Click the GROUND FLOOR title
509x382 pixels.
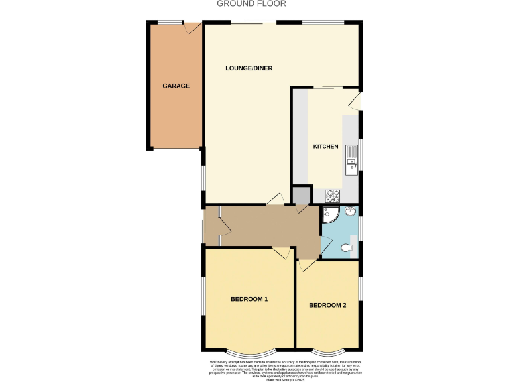[251, 4]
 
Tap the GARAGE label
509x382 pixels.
[176, 86]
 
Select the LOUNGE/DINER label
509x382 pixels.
[249, 68]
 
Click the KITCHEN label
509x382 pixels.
[325, 147]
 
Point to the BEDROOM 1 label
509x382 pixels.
[249, 300]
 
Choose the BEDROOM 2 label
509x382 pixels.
[327, 306]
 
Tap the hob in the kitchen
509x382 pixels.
[332, 195]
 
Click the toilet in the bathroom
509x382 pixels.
[345, 249]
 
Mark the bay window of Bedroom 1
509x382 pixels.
[249, 351]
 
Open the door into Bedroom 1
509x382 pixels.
[281, 253]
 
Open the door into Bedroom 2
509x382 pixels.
[306, 265]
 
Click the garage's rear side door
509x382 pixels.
[193, 28]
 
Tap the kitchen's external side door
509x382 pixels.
[356, 100]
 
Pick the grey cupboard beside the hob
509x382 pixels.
[301, 195]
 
